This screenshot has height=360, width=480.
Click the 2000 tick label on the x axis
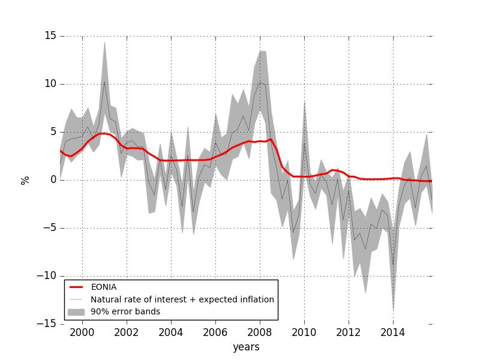click(82, 332)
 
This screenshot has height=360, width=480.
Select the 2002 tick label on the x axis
click(127, 332)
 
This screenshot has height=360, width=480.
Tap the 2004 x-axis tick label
click(171, 332)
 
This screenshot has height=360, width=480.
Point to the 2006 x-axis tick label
click(215, 332)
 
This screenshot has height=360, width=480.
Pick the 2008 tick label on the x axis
click(260, 332)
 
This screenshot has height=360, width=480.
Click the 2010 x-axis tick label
click(304, 332)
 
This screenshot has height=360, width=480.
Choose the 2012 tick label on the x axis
click(349, 332)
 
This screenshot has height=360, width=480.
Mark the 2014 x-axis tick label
click(393, 332)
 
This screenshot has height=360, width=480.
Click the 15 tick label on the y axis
click(50, 36)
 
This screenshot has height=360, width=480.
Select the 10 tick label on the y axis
click(50, 84)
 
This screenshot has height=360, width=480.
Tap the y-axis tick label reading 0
click(53, 180)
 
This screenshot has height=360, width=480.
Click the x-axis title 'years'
click(246, 347)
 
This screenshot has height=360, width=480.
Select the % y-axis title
click(25, 180)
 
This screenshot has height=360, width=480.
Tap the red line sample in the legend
click(76, 287)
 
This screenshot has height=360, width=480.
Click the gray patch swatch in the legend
click(76, 311)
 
